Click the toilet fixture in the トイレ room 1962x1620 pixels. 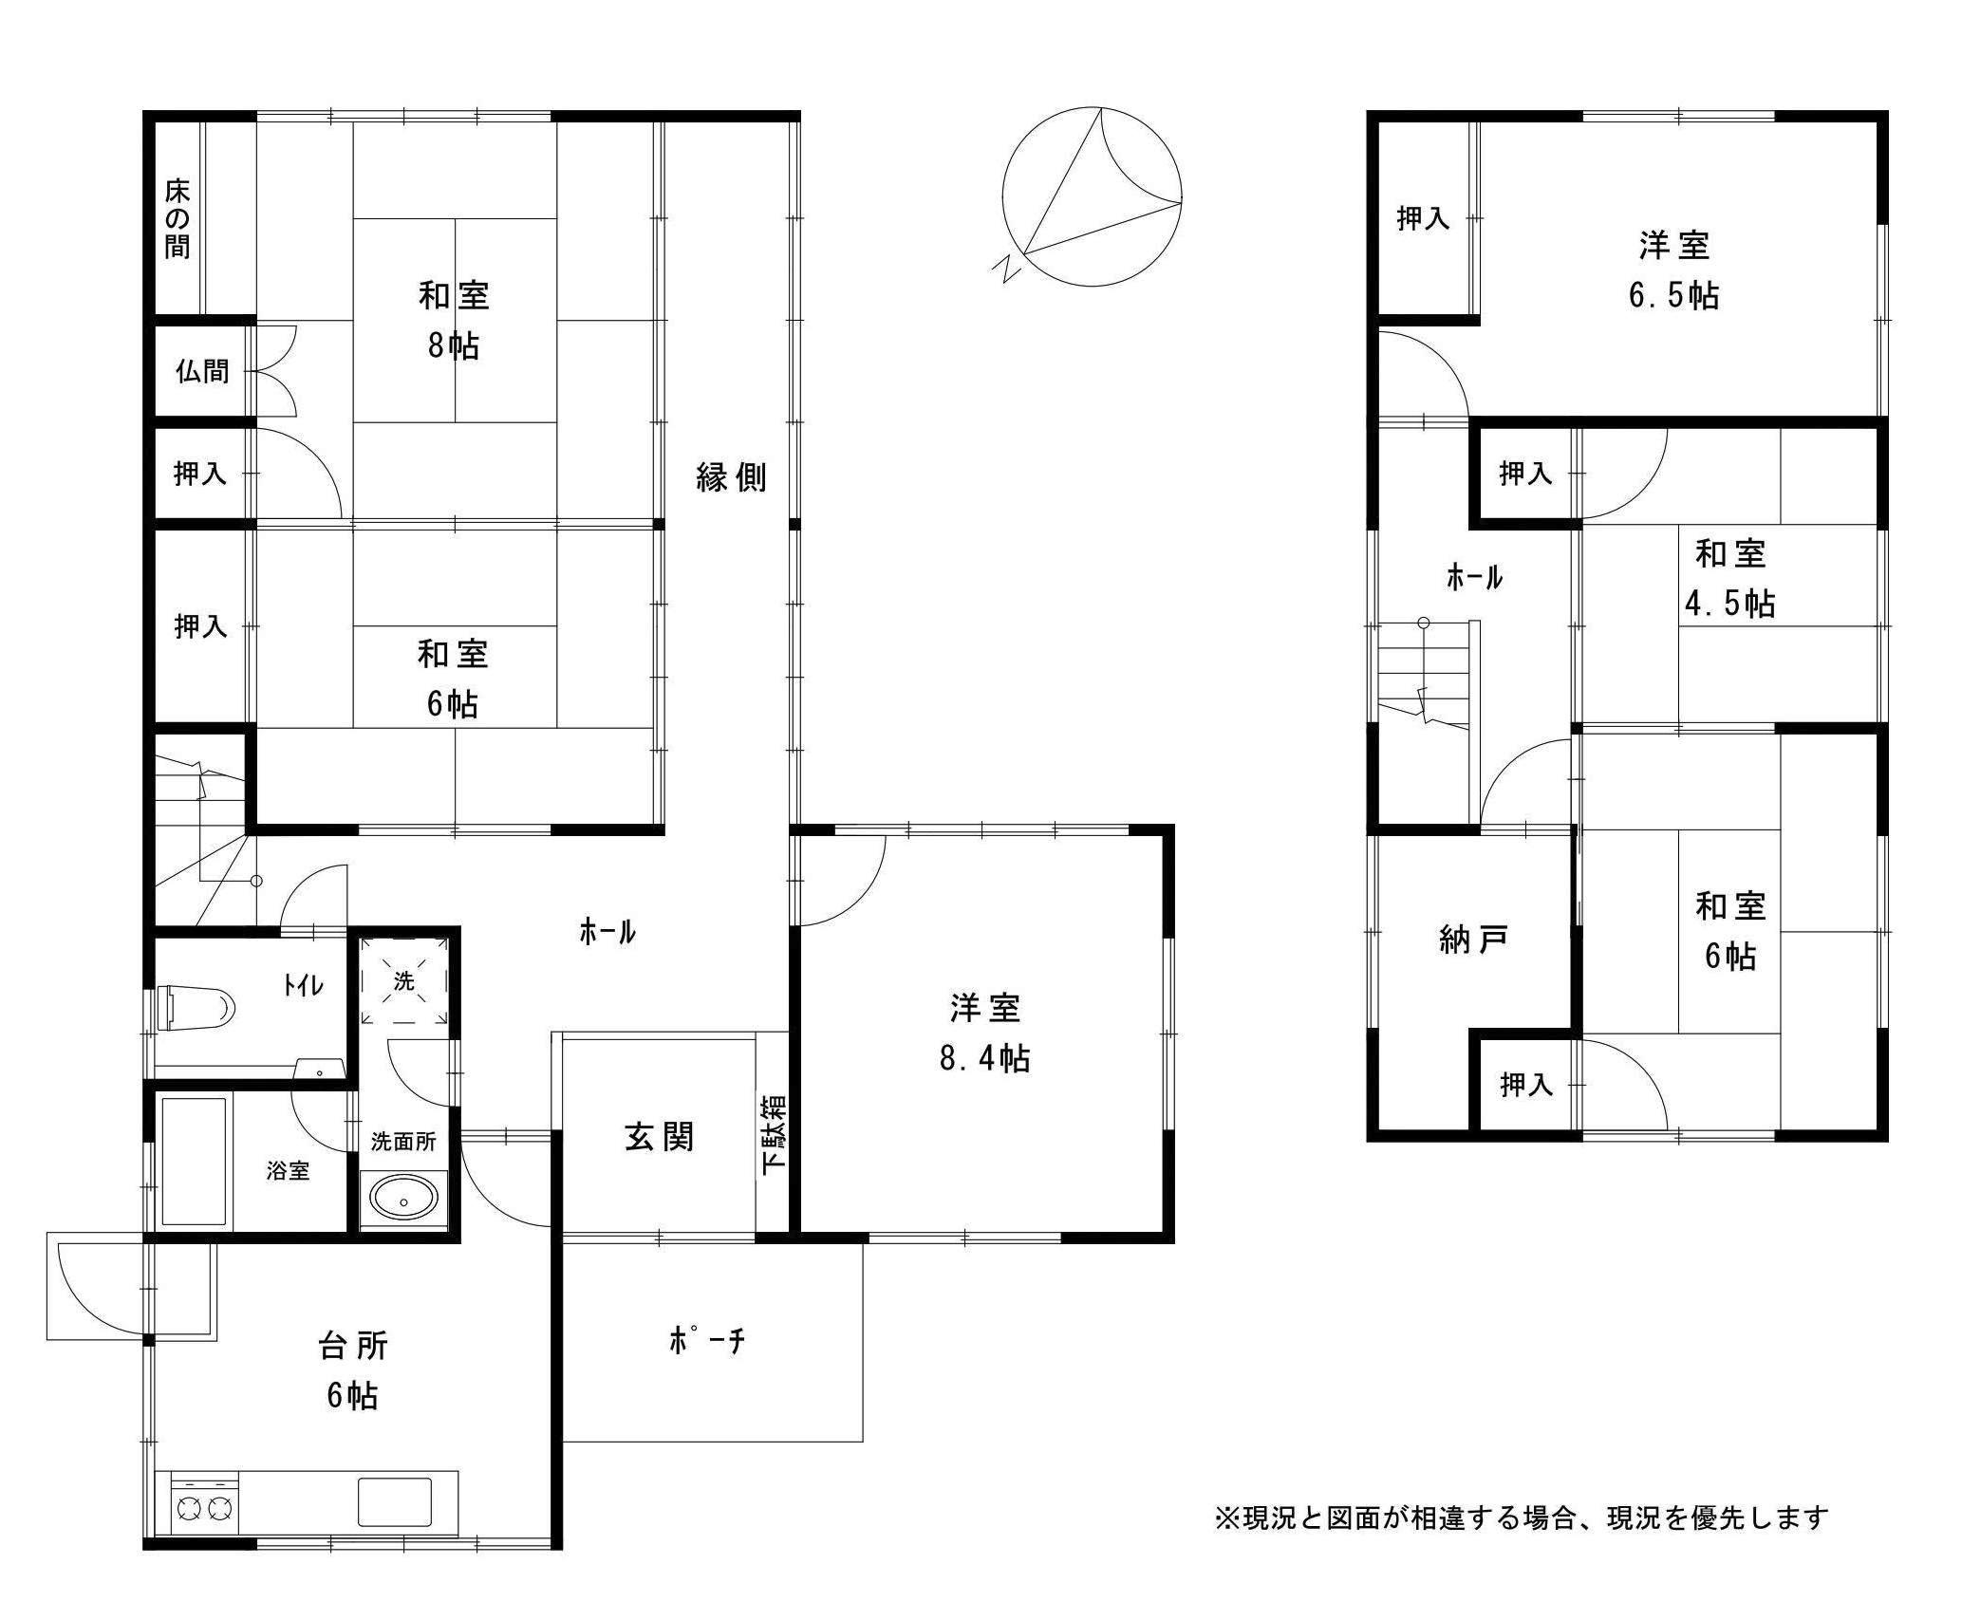tap(197, 1008)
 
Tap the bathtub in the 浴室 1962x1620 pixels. tap(195, 1162)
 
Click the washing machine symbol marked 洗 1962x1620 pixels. tap(404, 981)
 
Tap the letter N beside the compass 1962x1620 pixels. tap(1006, 270)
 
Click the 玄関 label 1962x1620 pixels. tap(659, 1136)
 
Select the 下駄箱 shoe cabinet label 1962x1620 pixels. tap(774, 1136)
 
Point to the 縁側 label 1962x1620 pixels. tap(731, 477)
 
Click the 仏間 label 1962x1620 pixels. tap(202, 370)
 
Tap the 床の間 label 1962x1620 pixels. tap(178, 219)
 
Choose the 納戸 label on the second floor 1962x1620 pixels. tap(1473, 940)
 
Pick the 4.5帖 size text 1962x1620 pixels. tap(1729, 604)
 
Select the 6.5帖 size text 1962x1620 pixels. tap(1673, 296)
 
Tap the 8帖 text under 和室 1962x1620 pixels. tap(453, 345)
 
